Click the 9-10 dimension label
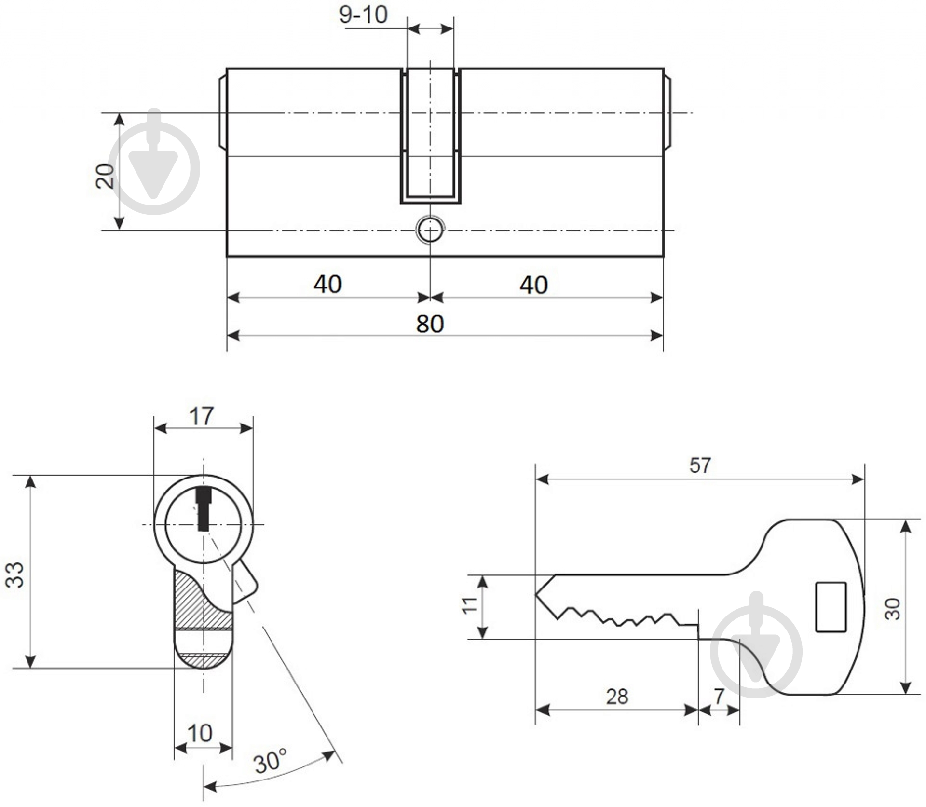(x=363, y=15)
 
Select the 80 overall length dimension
(x=429, y=324)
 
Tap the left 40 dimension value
(x=327, y=285)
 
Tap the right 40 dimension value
(x=533, y=285)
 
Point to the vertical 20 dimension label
(x=105, y=176)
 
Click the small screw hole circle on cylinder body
(x=430, y=230)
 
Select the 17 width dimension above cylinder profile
(x=201, y=416)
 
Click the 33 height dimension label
(x=15, y=574)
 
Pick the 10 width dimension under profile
(x=199, y=733)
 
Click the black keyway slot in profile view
(x=204, y=509)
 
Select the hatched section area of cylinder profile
(x=193, y=603)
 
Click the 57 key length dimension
(x=700, y=465)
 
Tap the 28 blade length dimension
(x=617, y=697)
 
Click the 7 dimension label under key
(x=719, y=696)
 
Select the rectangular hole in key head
(x=831, y=607)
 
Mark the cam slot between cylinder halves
(x=430, y=135)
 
